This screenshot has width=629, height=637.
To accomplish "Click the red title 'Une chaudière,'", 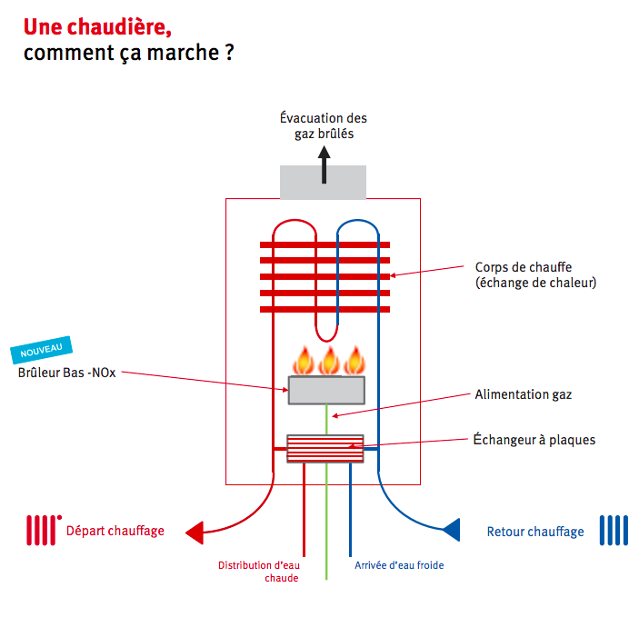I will pyautogui.click(x=97, y=25).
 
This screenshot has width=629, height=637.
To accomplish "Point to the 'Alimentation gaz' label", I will pyautogui.click(x=523, y=394).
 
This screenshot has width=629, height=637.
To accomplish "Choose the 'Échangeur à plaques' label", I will pyautogui.click(x=534, y=440).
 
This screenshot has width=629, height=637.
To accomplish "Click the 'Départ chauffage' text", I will pyautogui.click(x=115, y=531).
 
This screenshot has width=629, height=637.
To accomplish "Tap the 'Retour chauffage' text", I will pyautogui.click(x=535, y=532).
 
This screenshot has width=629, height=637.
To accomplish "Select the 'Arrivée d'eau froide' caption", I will pyautogui.click(x=399, y=565).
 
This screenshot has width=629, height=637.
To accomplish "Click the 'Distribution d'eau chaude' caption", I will pyautogui.click(x=258, y=571).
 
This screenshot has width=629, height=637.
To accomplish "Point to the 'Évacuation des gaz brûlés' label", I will pyautogui.click(x=324, y=125).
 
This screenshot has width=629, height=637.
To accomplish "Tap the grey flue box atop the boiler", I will pyautogui.click(x=323, y=182).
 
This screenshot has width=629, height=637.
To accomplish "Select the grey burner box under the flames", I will pyautogui.click(x=327, y=390).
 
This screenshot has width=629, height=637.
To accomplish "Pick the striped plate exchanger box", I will pyautogui.click(x=325, y=448).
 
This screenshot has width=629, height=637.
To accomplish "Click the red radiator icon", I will pyautogui.click(x=42, y=530).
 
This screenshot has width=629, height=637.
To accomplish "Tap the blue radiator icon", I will pyautogui.click(x=613, y=530).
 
